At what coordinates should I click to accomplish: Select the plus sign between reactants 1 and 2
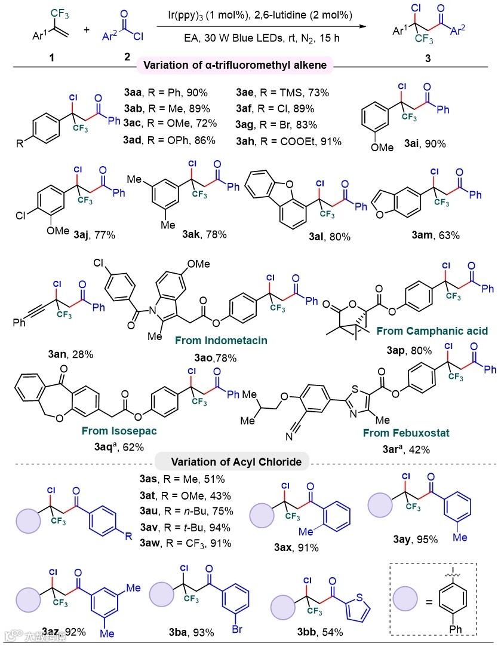coord(87,29)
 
